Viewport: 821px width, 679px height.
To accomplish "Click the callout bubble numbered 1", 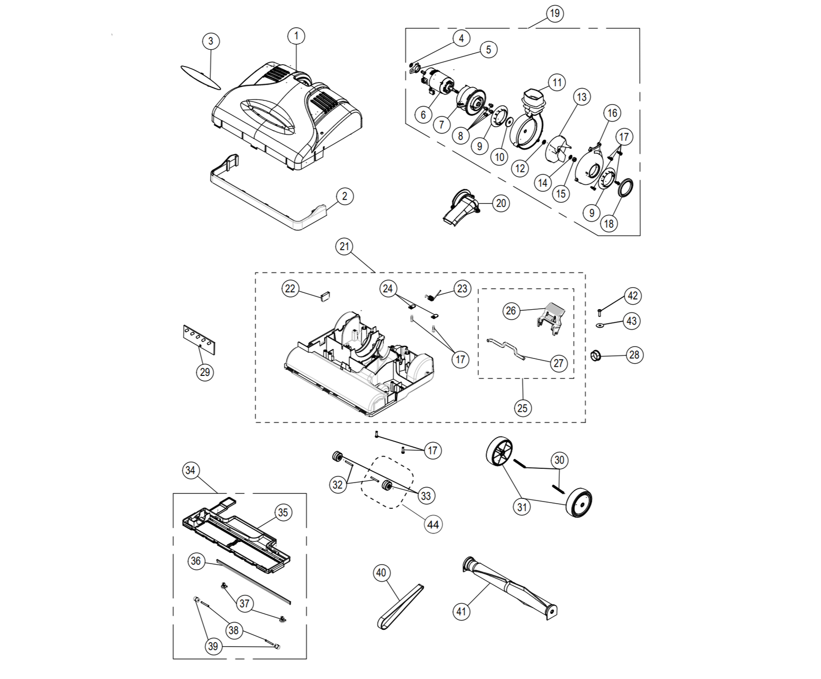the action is tap(296, 36).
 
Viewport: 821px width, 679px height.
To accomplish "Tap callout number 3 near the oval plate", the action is tap(211, 41).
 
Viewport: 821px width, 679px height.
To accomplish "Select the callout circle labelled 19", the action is tap(555, 13).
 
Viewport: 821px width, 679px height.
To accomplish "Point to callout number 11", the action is tap(557, 82).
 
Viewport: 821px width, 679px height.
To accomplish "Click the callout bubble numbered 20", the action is tap(501, 203).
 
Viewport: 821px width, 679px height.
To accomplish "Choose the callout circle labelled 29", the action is tap(205, 372).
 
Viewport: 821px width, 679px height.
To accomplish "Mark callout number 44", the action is tap(433, 525).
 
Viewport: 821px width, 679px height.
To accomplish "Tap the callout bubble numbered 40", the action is tap(381, 572).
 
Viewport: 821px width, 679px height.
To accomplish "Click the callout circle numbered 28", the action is tap(635, 354).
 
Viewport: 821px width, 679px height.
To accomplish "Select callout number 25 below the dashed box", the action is tap(522, 408).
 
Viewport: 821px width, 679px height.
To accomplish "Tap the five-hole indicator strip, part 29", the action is tap(199, 339).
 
